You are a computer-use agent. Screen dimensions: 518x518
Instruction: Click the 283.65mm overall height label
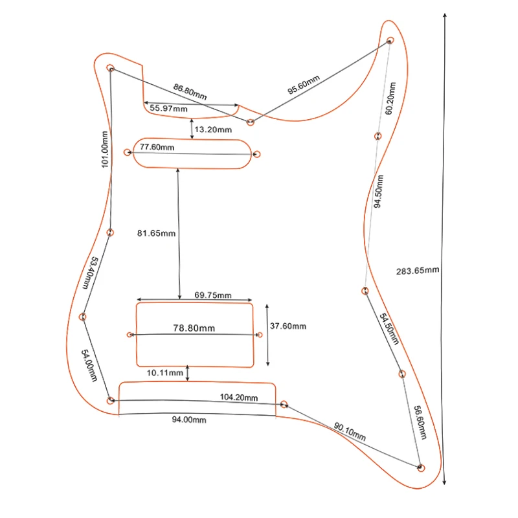pos(418,270)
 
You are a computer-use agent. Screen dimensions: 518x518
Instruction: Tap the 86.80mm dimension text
pos(190,91)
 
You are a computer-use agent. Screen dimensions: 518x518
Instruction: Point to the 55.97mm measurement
pos(168,109)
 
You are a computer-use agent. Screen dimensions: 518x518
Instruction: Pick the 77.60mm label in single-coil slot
pos(157,147)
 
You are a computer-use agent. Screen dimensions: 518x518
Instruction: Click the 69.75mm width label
pos(213,295)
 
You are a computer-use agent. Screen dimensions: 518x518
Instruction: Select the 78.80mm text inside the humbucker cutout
pos(195,328)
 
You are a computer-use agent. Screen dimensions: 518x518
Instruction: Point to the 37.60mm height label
pos(288,326)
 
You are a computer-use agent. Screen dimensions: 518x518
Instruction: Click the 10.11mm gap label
pos(166,373)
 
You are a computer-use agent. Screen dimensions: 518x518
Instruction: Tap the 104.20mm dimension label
pos(239,397)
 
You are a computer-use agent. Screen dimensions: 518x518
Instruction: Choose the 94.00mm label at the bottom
pos(189,420)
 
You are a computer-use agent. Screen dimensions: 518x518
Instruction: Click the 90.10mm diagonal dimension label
pos(350,432)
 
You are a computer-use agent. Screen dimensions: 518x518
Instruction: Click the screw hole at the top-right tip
pos(390,40)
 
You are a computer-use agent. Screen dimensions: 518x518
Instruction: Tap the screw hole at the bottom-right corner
pos(422,467)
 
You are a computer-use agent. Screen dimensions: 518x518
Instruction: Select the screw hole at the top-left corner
pos(111,68)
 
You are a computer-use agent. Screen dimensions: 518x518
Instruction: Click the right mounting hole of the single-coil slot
pos(257,155)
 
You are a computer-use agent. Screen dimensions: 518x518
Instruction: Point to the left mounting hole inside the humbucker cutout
pos(130,335)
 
